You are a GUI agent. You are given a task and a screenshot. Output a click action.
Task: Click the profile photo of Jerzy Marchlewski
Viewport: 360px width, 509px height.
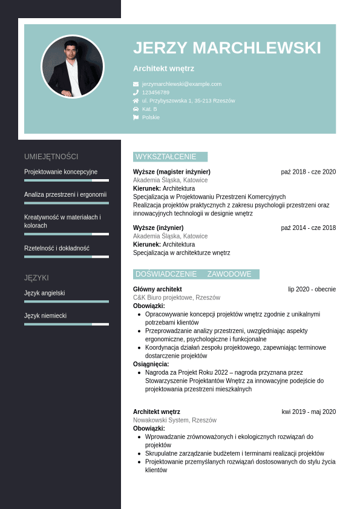[72, 67]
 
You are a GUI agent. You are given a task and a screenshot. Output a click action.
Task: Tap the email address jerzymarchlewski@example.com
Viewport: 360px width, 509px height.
[182, 84]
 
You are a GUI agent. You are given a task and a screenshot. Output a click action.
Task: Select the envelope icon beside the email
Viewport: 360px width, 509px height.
[136, 84]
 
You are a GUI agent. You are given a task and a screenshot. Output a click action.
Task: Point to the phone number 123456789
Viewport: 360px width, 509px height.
[155, 93]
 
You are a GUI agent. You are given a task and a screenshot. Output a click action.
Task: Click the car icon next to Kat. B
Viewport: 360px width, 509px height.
[136, 109]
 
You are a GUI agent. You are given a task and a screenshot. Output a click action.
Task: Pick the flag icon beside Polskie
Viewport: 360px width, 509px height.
[136, 117]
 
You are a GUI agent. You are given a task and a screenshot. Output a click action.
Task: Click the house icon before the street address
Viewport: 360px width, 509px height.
[136, 100]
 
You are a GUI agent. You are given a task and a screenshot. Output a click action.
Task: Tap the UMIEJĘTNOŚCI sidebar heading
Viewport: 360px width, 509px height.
[51, 156]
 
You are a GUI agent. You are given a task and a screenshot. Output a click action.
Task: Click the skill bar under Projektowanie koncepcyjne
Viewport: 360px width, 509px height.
[67, 180]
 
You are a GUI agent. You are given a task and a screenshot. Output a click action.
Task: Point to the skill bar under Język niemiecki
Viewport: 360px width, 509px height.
[67, 324]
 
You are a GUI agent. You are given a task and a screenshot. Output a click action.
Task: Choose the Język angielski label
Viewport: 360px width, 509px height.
[45, 293]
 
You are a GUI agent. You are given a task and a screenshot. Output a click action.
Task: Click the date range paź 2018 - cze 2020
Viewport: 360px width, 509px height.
[308, 172]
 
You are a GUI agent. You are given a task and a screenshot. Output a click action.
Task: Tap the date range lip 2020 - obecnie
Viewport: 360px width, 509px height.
[312, 289]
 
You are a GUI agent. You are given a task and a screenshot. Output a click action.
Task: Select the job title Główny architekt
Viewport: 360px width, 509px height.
[157, 289]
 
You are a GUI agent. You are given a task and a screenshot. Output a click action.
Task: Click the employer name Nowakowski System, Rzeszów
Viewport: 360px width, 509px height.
[175, 420]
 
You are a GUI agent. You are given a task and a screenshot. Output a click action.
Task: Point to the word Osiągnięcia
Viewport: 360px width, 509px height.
[151, 364]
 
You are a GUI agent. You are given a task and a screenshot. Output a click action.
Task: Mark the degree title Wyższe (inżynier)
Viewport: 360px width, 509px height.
[159, 228]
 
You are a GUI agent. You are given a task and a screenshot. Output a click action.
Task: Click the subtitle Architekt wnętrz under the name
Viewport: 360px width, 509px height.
[163, 69]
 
